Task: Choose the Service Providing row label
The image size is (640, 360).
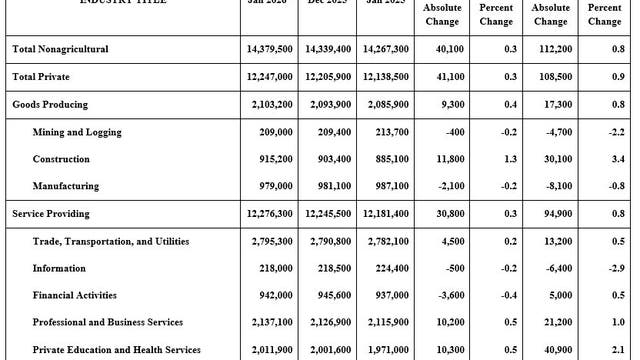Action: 52,214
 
